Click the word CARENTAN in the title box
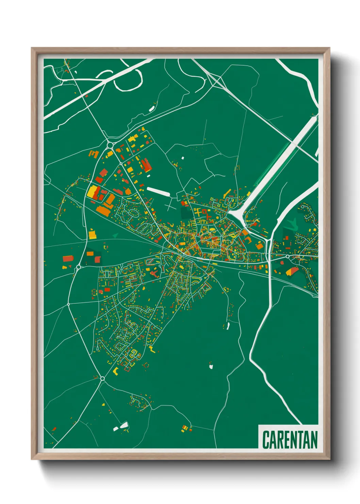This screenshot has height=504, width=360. click(x=290, y=439)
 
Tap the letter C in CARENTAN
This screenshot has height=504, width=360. click(x=266, y=439)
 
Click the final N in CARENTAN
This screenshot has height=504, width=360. click(x=313, y=439)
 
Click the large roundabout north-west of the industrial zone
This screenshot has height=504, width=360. click(x=110, y=145)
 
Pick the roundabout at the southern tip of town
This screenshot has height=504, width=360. click(x=102, y=378)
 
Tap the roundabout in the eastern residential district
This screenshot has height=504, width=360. click(x=288, y=256)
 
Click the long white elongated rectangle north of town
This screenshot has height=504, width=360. click(x=158, y=191)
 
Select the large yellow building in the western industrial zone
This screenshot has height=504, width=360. click(x=92, y=192)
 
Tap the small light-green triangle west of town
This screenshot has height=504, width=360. click(x=115, y=235)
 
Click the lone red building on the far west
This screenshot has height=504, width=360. click(x=67, y=258)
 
